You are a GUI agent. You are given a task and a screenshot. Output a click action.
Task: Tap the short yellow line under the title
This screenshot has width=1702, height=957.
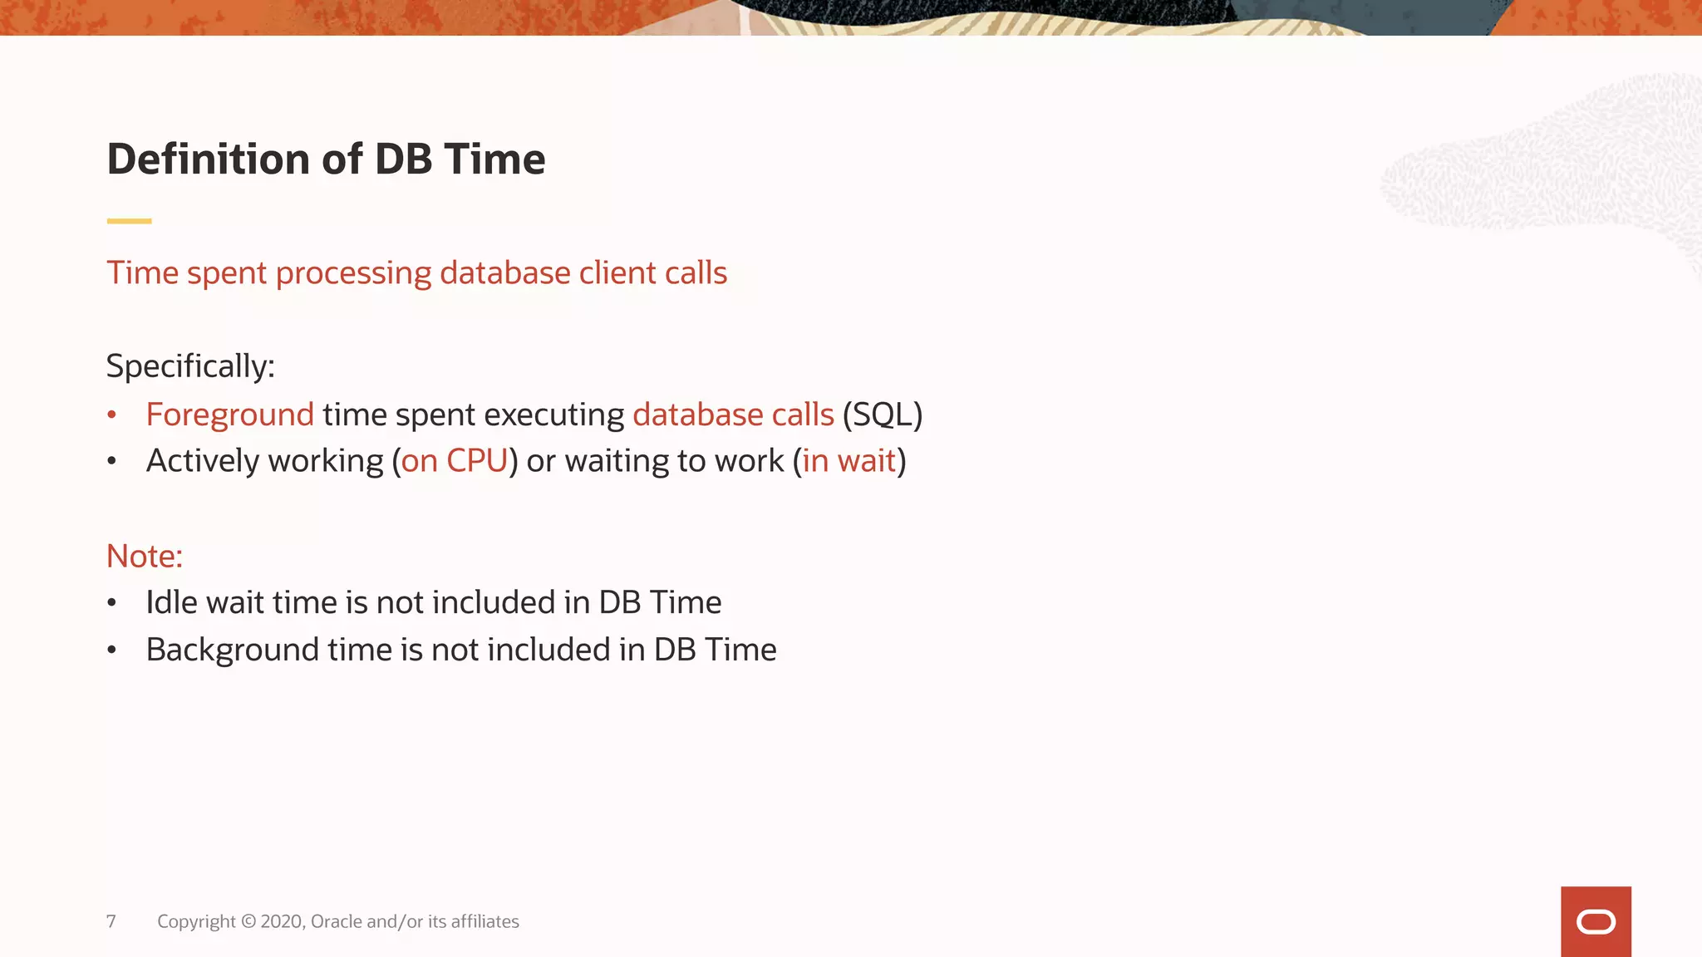(129, 221)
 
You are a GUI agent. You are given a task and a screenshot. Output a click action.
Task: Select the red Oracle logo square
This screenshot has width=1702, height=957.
(1596, 921)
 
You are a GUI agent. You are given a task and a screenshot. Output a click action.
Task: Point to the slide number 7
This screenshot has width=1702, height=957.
(111, 921)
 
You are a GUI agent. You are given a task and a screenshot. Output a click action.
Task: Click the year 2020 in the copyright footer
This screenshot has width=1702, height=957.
(282, 921)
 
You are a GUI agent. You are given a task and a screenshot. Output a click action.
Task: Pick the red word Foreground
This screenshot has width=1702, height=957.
(229, 415)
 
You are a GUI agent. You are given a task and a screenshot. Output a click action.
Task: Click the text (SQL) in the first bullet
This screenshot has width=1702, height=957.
(882, 415)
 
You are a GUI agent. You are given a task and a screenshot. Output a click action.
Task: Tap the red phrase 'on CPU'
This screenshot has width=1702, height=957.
(454, 461)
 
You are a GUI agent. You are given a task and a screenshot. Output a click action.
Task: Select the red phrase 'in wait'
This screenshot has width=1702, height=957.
(849, 461)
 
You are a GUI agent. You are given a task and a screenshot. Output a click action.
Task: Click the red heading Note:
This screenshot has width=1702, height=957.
(145, 557)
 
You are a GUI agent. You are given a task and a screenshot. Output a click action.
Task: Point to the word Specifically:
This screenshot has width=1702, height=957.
(190, 366)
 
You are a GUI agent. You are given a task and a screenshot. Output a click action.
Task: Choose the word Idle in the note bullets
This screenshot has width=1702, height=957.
(171, 602)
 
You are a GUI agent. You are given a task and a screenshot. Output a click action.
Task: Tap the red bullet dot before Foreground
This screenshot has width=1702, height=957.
(112, 415)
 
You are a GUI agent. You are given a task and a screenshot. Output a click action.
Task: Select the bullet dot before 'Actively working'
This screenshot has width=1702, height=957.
(112, 462)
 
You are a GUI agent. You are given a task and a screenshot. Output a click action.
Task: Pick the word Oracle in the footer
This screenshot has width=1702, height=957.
(336, 921)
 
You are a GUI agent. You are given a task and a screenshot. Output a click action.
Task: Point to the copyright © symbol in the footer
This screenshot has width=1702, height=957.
(248, 921)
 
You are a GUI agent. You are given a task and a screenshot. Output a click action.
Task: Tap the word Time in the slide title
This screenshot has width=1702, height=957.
(494, 159)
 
